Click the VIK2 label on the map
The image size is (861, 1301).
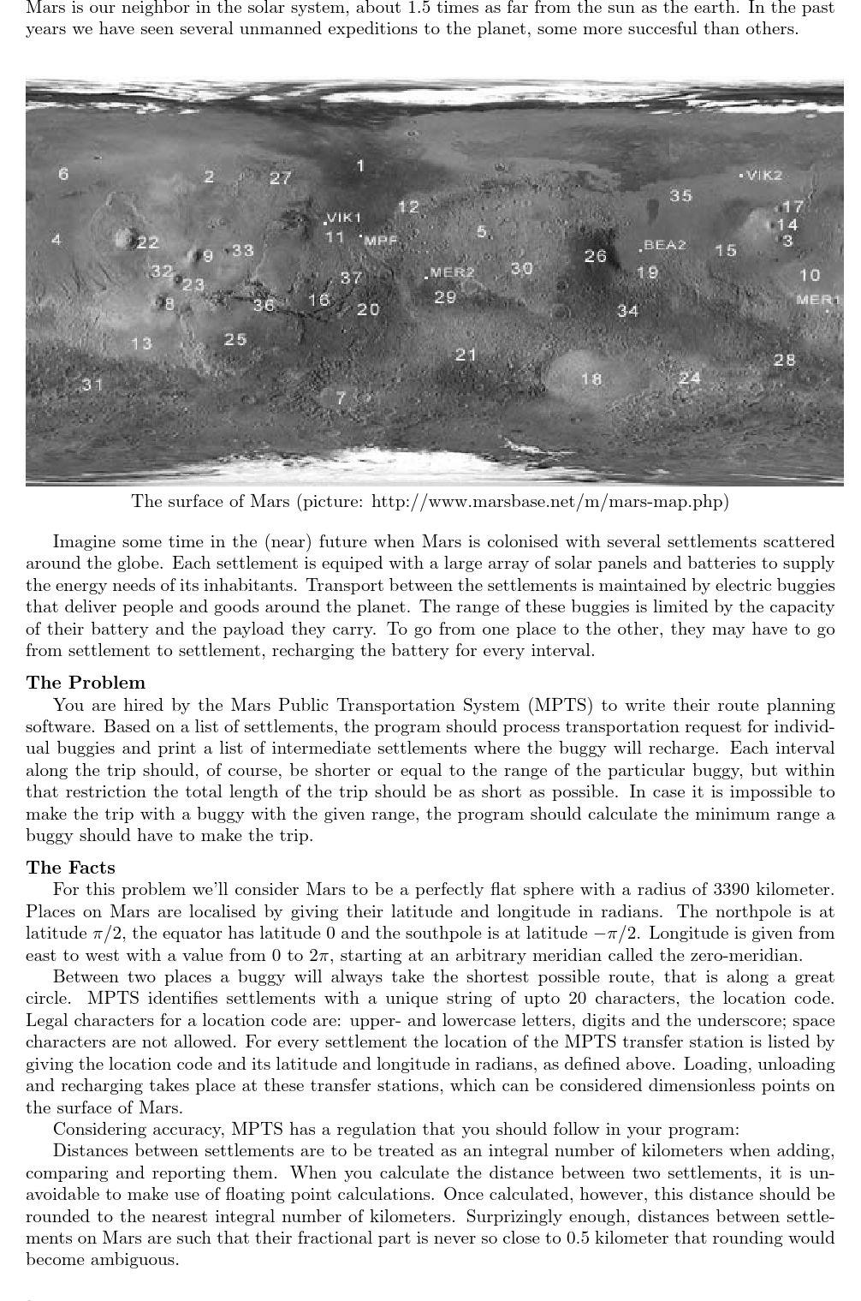pyautogui.click(x=764, y=176)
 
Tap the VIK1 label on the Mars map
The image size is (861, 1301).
pyautogui.click(x=345, y=218)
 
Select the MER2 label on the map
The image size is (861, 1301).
pyautogui.click(x=452, y=273)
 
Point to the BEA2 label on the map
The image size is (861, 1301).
pyautogui.click(x=665, y=245)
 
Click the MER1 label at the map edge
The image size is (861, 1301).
pyautogui.click(x=818, y=300)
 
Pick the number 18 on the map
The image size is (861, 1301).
pyautogui.click(x=591, y=379)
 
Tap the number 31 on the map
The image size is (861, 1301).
pyautogui.click(x=92, y=385)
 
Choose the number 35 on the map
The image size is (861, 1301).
pyautogui.click(x=680, y=196)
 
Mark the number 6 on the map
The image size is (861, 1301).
pyautogui.click(x=63, y=174)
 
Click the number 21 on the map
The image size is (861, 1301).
pyautogui.click(x=466, y=354)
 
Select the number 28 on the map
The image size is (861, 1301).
pyautogui.click(x=784, y=360)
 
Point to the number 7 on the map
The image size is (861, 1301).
pyautogui.click(x=341, y=397)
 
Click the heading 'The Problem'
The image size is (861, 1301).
pyautogui.click(x=86, y=683)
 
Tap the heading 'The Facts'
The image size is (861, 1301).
pyautogui.click(x=70, y=868)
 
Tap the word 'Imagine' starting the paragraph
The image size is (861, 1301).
pyautogui.click(x=80, y=541)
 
